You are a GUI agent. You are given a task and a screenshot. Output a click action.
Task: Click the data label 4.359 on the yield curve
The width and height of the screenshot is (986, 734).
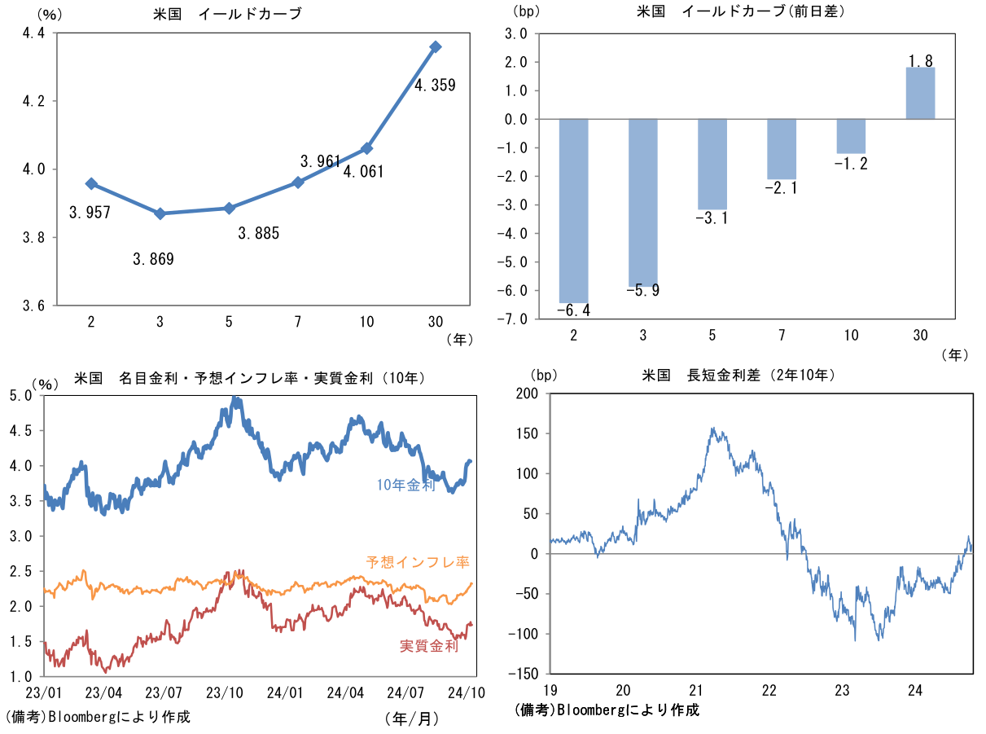click(435, 84)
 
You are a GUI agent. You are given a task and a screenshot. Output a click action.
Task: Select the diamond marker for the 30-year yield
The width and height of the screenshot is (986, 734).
click(436, 47)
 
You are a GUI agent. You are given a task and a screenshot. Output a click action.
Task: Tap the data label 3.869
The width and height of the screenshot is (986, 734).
click(153, 260)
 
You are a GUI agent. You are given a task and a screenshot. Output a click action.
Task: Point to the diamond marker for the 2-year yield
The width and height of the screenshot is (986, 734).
click(91, 184)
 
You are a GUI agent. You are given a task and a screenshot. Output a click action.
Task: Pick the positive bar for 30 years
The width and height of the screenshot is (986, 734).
click(920, 93)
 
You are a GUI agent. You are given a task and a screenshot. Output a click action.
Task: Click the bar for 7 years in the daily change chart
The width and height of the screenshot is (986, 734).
click(782, 149)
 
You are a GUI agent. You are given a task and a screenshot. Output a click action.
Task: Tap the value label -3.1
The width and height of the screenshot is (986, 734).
click(712, 218)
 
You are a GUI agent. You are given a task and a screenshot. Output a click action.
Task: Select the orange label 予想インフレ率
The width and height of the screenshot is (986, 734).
click(418, 562)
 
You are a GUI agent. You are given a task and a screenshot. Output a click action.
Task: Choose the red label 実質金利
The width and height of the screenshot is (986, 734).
click(428, 646)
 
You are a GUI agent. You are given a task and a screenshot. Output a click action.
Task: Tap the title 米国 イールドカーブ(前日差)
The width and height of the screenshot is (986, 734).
click(740, 11)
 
